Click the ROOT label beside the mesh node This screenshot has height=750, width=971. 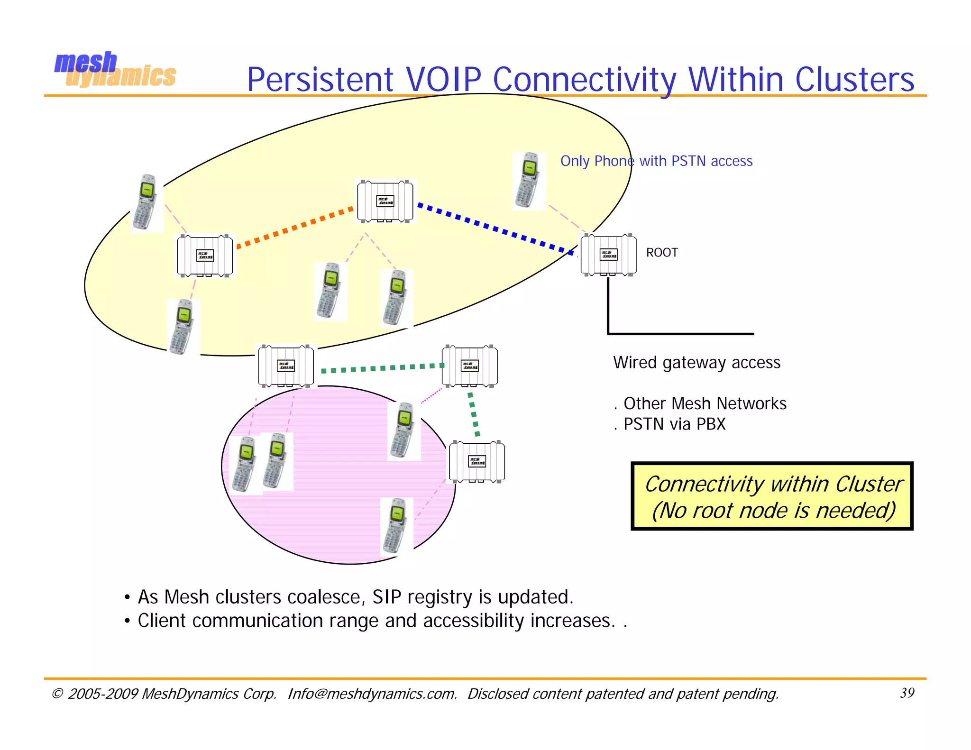pos(662,253)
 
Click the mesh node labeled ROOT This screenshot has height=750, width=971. pos(608,255)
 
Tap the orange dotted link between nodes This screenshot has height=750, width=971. pos(294,227)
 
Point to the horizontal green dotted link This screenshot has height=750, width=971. pos(382,368)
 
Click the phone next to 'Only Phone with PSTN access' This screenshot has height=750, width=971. pos(528,181)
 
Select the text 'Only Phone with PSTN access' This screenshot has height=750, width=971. pos(656,161)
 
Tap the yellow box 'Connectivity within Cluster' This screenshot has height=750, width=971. pos(772,496)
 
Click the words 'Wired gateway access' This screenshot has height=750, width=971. pos(696,363)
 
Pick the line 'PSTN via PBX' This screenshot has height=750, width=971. pos(674,424)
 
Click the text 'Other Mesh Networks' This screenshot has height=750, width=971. pos(705,403)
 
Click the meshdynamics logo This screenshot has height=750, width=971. pos(115,70)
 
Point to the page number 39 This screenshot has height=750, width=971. pos(907,693)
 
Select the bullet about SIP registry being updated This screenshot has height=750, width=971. pos(355,597)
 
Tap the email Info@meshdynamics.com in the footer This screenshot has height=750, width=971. pos(372,694)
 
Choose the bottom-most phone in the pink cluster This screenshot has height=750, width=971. pos(396,526)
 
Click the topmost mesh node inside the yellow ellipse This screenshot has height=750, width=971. pos(385,201)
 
